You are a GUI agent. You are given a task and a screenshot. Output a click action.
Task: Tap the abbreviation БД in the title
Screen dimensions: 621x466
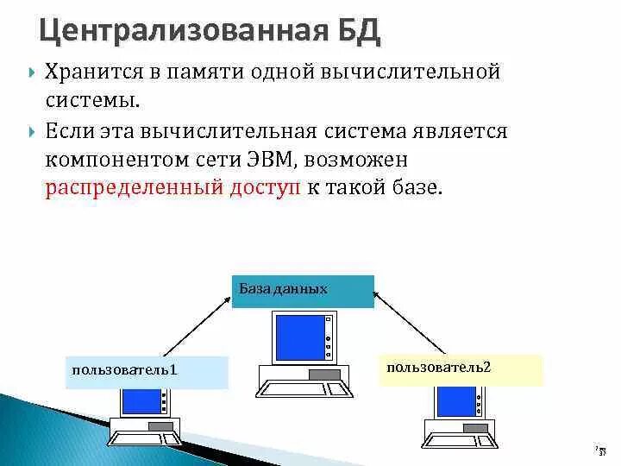point(354,32)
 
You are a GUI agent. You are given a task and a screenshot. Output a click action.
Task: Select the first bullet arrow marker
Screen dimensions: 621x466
point(31,72)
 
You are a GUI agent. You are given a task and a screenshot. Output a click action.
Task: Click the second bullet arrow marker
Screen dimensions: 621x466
point(31,133)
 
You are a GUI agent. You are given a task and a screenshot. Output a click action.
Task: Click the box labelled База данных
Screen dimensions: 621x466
point(303,292)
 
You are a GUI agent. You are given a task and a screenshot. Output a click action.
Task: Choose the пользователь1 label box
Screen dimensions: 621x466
point(147,371)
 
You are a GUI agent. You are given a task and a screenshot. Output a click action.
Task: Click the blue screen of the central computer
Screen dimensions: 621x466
point(295,337)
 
